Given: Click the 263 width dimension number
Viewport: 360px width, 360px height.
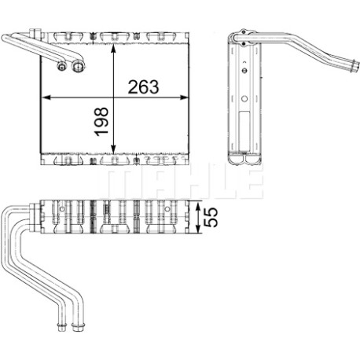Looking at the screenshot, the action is pos(143,87).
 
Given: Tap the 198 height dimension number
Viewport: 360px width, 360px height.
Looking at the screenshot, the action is pos(101,122).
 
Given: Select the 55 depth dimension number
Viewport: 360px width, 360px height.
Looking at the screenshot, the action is pos(211,217).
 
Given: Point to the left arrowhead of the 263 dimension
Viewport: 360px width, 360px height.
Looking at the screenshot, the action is pos(46,97).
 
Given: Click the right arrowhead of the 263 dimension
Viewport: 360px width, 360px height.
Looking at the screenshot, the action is pos(184,97).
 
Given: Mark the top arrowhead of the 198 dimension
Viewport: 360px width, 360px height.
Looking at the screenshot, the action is pos(113,49).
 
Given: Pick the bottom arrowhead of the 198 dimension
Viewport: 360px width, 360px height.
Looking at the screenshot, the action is pos(113,149).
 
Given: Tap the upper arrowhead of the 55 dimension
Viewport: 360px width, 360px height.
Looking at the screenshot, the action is pos(198,205).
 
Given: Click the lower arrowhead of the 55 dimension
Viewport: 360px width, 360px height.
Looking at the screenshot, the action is pos(198,230).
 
